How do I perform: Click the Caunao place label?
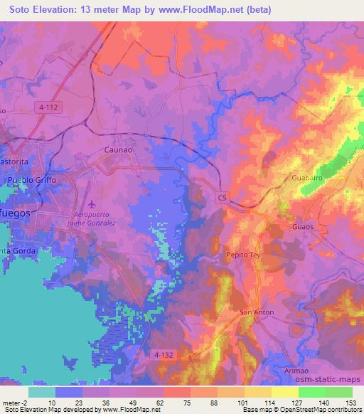(x=118, y=150)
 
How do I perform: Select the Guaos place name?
(x=303, y=227)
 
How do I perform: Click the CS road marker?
(x=223, y=197)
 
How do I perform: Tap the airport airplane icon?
(x=97, y=203)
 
